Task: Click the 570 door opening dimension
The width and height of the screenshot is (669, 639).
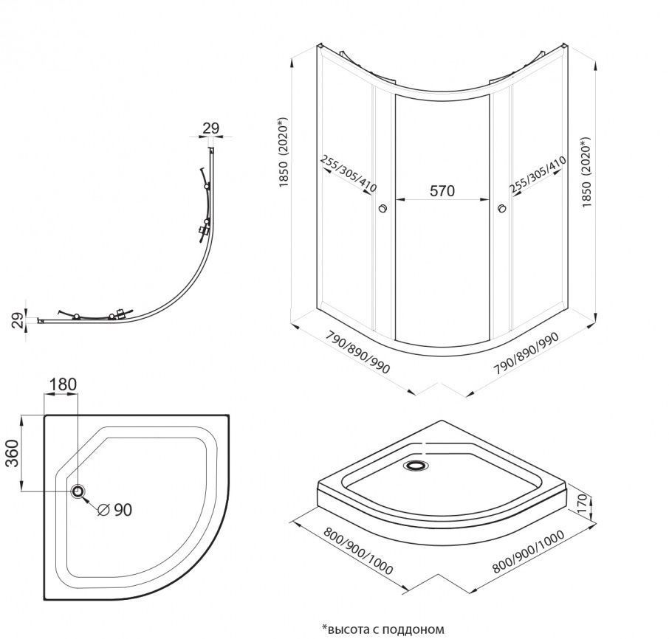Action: pyautogui.click(x=442, y=190)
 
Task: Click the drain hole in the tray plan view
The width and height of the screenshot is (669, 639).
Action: pyautogui.click(x=78, y=491)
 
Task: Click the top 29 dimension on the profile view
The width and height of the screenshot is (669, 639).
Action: pyautogui.click(x=211, y=128)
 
